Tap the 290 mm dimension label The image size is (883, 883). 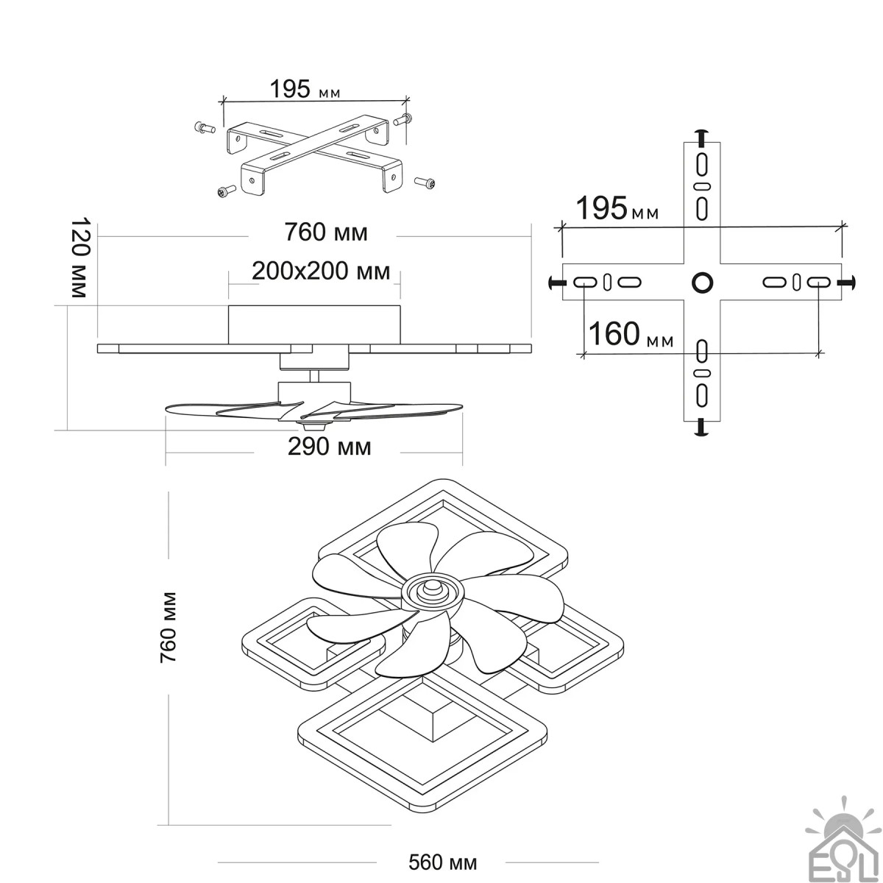329,447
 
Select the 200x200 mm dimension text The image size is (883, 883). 321,272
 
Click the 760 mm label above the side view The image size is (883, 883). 326,233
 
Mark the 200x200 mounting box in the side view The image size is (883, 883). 315,324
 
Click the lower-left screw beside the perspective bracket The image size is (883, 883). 224,191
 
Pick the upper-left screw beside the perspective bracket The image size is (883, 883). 204,129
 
